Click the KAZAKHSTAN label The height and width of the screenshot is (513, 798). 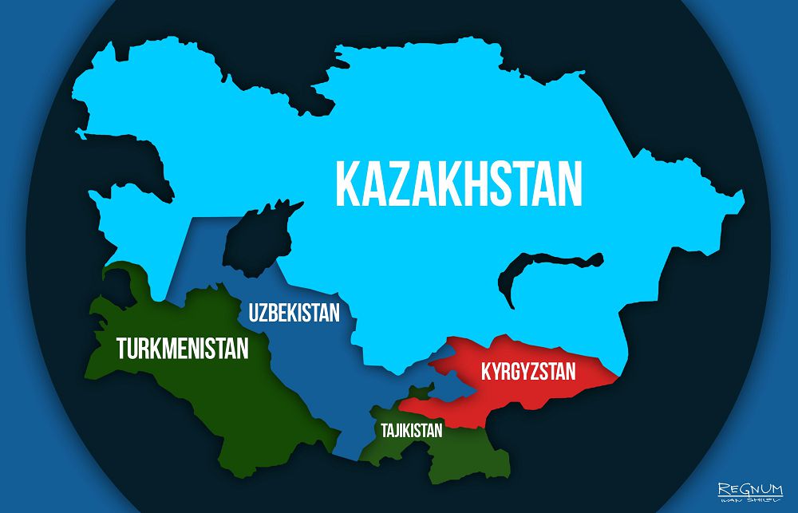point(459,184)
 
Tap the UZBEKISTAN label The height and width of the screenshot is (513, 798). point(294,312)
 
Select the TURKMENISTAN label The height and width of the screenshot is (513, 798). point(183,348)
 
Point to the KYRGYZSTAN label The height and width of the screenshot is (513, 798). point(527,372)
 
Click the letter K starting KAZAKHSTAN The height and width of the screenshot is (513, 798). point(349,184)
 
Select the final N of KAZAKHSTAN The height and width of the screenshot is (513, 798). point(569,184)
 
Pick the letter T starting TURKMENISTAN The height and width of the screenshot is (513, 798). point(122,348)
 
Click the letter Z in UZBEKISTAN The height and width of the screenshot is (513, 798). point(266,312)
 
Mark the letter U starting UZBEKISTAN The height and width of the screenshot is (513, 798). point(254,312)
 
